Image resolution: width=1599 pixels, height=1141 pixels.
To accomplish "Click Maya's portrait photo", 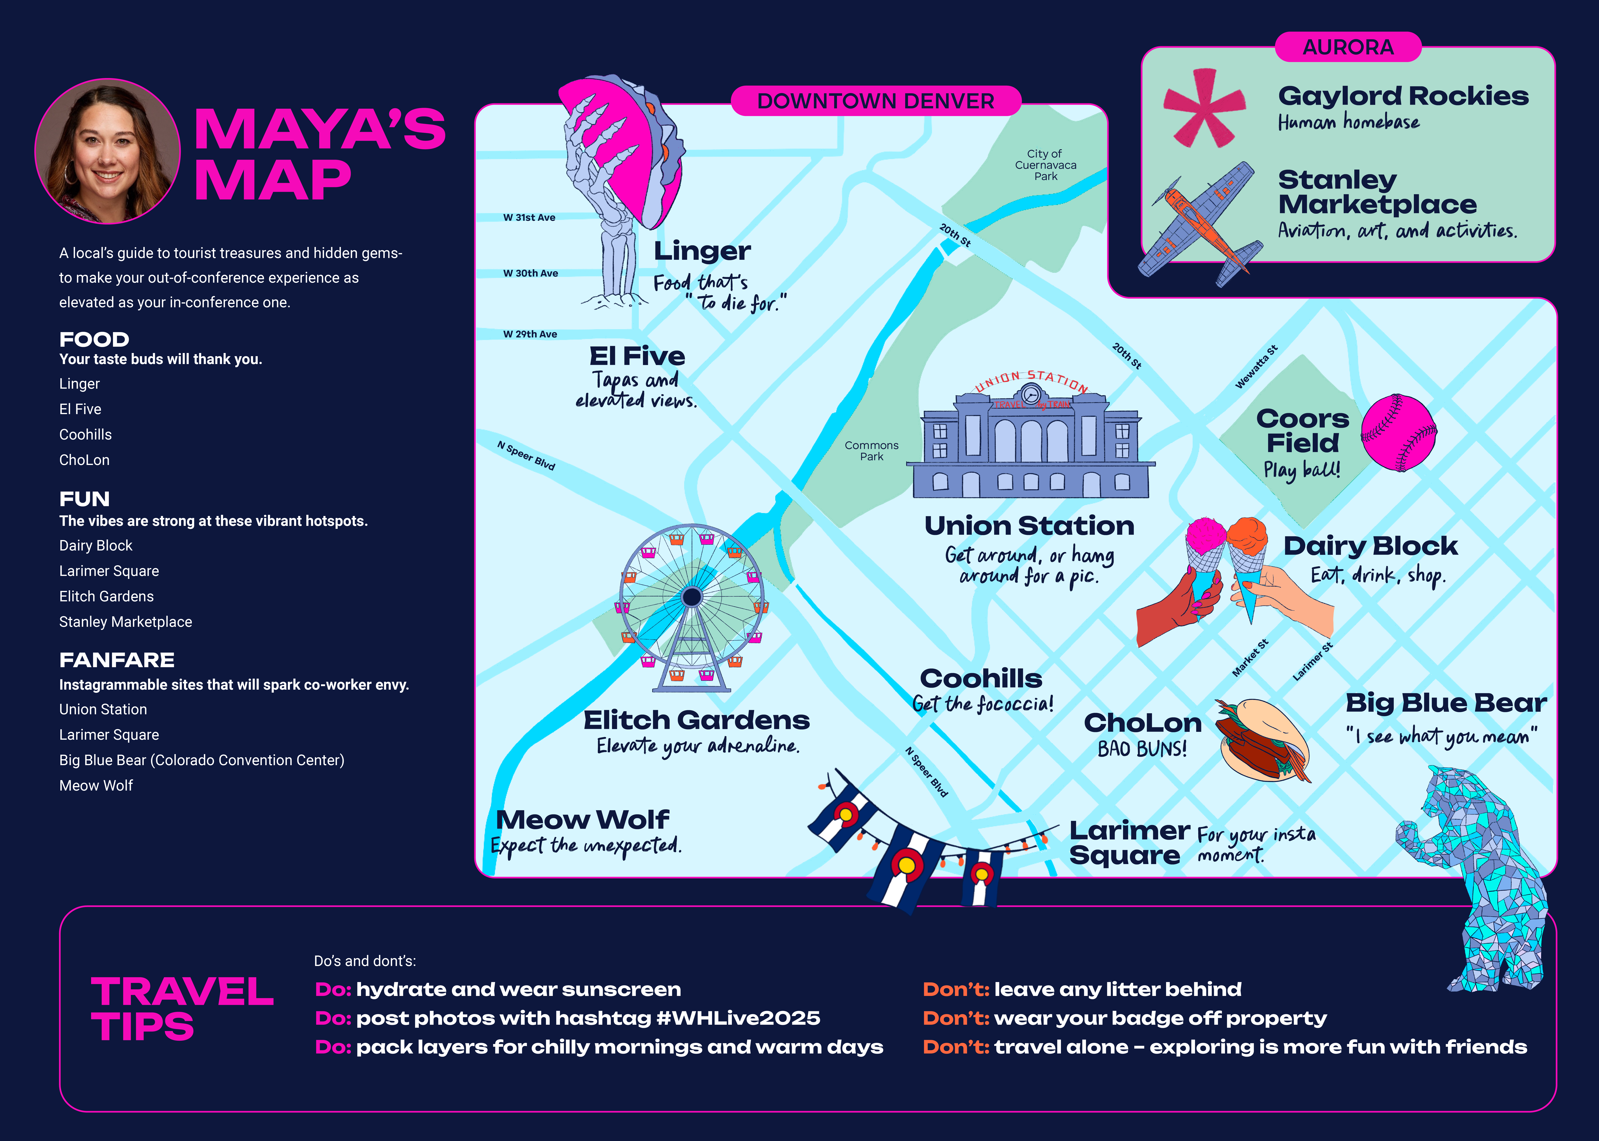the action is (107, 151).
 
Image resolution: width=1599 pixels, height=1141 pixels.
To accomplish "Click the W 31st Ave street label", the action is (529, 218).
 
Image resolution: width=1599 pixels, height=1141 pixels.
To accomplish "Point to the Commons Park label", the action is (871, 451).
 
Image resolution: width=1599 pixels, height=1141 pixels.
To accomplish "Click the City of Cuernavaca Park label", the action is (1045, 165).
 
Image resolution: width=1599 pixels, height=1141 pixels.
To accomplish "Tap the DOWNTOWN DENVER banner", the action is (876, 101).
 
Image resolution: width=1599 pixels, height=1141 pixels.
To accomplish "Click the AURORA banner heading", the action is (1348, 47).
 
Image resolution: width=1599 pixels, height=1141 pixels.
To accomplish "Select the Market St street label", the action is (1250, 658).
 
